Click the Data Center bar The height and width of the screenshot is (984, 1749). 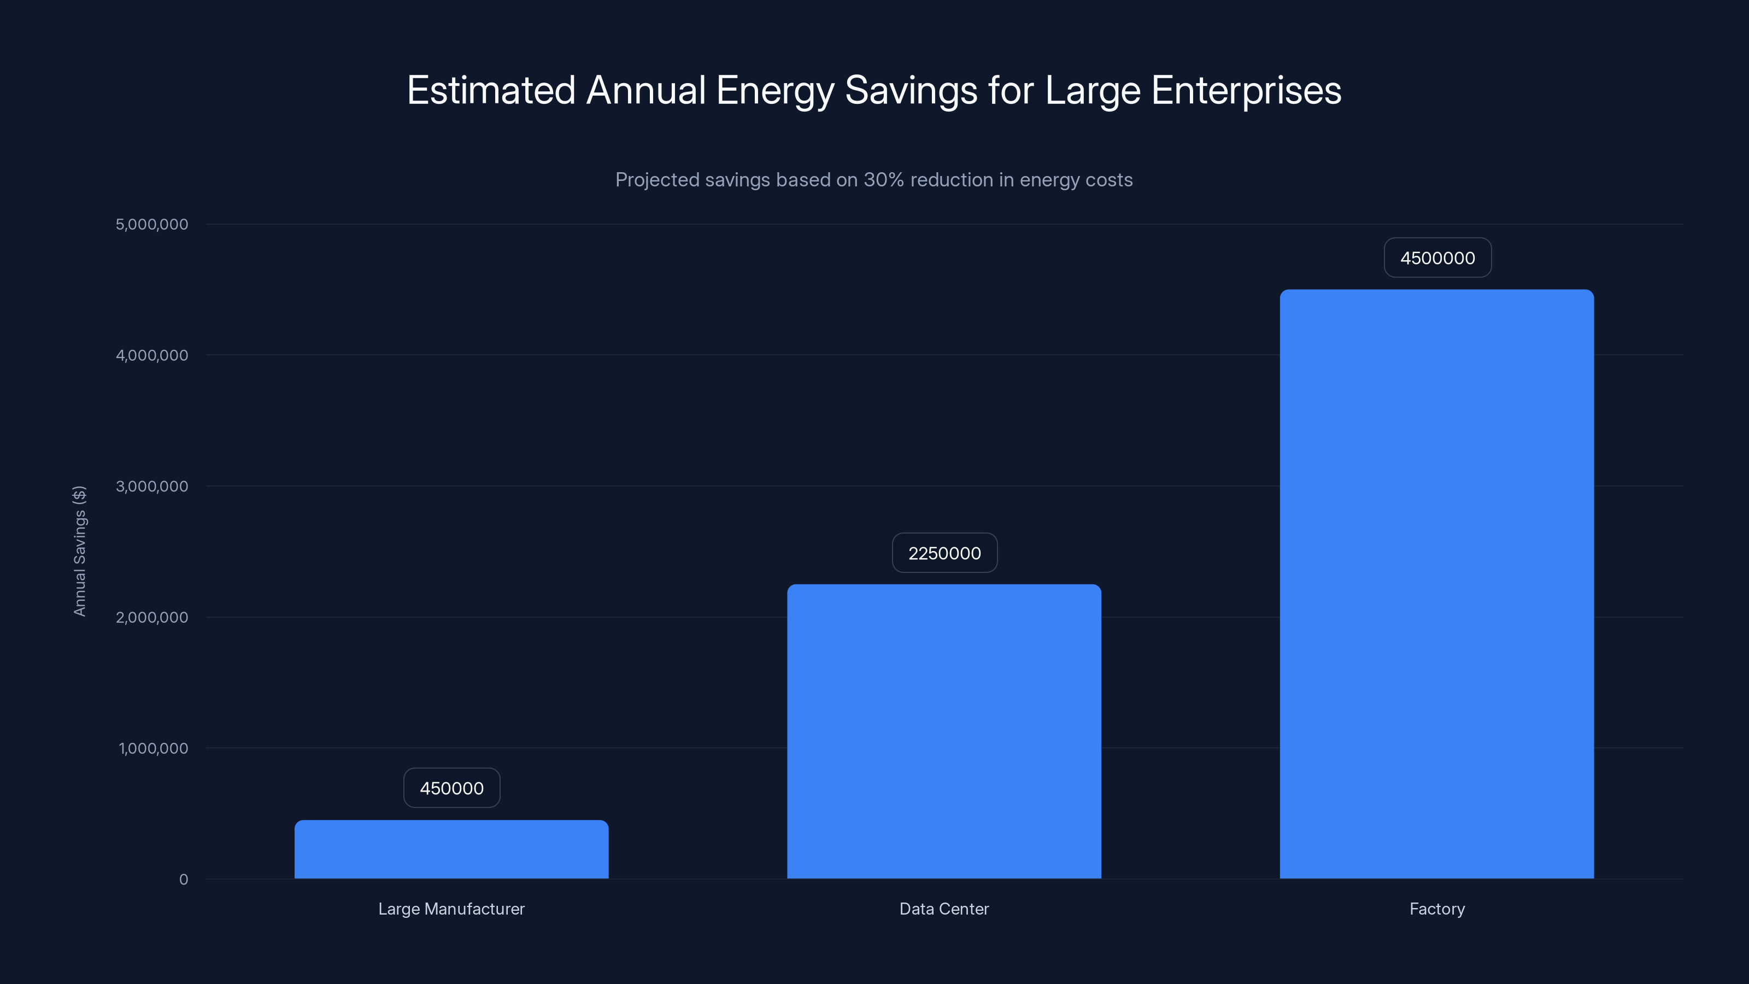tap(944, 731)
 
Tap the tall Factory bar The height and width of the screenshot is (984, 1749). tap(1437, 584)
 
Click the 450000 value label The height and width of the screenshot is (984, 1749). tap(451, 788)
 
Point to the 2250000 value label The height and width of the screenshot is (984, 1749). tap(944, 553)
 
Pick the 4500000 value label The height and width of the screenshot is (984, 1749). tap(1437, 258)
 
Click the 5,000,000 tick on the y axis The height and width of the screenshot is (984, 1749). tap(152, 225)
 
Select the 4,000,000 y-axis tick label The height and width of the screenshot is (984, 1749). tap(152, 356)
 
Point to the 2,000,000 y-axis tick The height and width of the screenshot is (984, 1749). tap(152, 618)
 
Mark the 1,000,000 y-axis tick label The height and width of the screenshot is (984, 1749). tap(154, 749)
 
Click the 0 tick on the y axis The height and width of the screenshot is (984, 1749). tap(183, 880)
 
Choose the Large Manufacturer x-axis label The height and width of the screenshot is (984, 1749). tap(451, 909)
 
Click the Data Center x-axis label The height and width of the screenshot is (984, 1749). tap(944, 909)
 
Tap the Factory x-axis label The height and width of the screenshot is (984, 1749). tap(1437, 909)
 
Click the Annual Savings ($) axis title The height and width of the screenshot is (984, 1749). tap(79, 550)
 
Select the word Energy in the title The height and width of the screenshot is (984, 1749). tap(774, 91)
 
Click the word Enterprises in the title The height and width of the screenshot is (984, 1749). tap(1246, 91)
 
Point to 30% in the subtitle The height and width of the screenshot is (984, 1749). tap(883, 180)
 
